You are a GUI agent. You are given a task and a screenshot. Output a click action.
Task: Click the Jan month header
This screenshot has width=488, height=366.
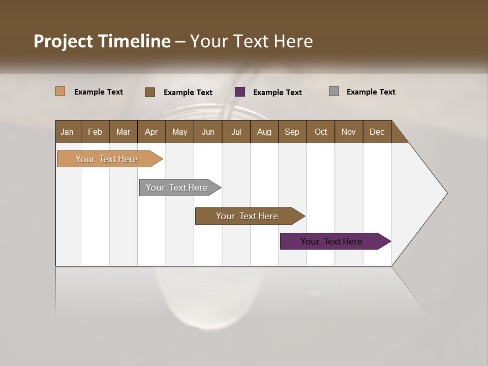coord(67,132)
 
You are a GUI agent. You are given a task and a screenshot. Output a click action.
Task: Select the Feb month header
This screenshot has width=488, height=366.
coord(95,132)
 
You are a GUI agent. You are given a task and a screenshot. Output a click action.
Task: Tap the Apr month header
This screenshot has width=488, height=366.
coord(151,132)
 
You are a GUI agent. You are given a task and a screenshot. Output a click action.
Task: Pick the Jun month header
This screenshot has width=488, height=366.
coord(208,132)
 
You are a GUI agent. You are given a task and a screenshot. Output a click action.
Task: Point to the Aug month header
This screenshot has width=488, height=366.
coord(264,132)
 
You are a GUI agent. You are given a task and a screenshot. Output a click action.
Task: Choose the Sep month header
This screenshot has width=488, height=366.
coord(292,132)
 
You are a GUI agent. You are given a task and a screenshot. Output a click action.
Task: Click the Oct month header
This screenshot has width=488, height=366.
coord(321,132)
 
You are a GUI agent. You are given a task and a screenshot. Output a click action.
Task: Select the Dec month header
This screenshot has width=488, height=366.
coord(377,132)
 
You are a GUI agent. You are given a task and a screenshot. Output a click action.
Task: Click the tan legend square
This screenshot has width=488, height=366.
coord(60,91)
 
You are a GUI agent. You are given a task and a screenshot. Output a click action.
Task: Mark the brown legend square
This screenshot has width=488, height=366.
coord(150,92)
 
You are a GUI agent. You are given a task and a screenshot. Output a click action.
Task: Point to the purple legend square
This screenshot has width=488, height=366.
coord(240,92)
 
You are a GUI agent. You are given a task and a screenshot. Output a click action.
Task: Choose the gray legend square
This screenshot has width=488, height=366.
coord(334,91)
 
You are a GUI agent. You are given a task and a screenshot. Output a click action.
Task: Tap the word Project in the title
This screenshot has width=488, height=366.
coord(63,41)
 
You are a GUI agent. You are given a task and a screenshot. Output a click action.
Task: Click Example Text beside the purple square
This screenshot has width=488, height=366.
coord(277,93)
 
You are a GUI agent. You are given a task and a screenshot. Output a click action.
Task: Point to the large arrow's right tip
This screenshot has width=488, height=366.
coord(446,193)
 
